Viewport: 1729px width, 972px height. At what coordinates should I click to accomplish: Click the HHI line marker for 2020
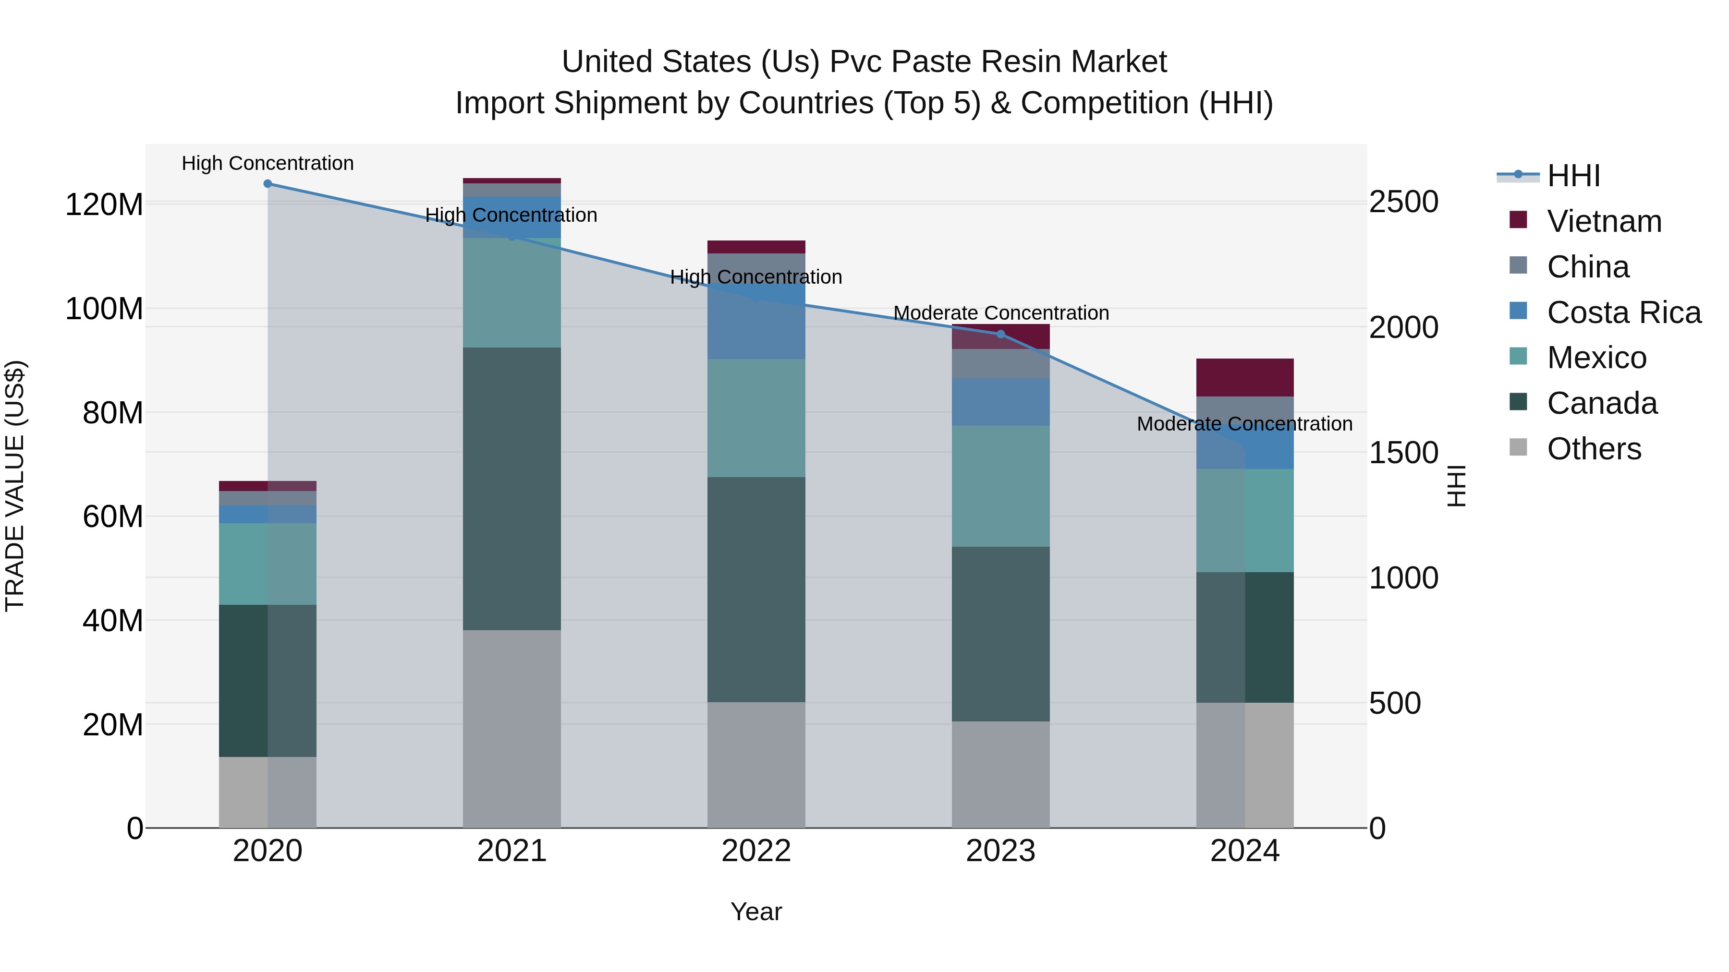(x=268, y=184)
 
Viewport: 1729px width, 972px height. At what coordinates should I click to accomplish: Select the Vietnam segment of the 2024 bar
(x=1244, y=378)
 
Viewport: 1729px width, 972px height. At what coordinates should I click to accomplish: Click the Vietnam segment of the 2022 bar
(x=756, y=247)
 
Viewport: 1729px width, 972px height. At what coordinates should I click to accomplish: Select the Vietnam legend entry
(x=1604, y=221)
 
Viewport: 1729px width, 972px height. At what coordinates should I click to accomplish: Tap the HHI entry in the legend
(x=1573, y=176)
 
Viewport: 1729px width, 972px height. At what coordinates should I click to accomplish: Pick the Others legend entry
(x=1594, y=449)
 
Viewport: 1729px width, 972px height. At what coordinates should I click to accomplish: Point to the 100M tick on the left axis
(x=104, y=309)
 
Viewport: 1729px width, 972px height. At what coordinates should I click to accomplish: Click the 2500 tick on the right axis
(x=1403, y=202)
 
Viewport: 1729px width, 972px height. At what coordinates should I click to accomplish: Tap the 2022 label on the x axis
(x=756, y=851)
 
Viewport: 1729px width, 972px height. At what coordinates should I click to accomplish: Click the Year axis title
(x=756, y=912)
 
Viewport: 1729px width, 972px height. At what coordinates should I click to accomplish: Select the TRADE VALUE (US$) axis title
(x=15, y=486)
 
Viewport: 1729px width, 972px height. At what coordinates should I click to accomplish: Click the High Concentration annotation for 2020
(x=268, y=163)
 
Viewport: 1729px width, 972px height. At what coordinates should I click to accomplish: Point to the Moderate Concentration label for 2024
(x=1244, y=424)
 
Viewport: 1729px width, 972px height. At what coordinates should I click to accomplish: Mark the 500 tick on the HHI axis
(x=1395, y=703)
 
